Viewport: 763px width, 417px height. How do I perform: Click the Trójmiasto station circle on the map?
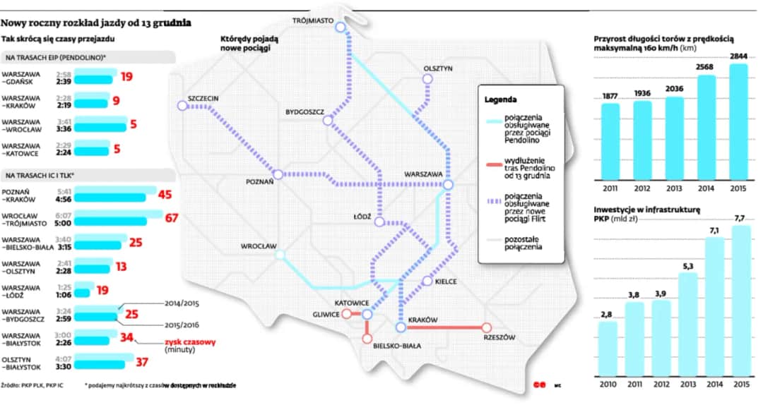click(341, 28)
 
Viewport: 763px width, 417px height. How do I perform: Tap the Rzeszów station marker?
click(487, 327)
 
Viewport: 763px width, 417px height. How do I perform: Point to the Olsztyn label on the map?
click(438, 68)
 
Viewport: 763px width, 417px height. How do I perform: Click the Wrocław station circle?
click(280, 255)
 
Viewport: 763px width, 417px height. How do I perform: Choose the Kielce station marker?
click(427, 282)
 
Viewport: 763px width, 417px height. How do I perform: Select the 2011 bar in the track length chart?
click(610, 140)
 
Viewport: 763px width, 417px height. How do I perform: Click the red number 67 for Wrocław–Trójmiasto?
click(171, 217)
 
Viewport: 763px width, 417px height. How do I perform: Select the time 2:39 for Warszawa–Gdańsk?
click(64, 81)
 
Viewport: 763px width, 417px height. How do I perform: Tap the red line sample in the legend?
click(490, 163)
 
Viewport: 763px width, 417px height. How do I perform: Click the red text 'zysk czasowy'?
click(190, 342)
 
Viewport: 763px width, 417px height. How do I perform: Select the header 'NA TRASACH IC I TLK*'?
click(40, 175)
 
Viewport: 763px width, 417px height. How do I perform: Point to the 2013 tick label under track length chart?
click(674, 188)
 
